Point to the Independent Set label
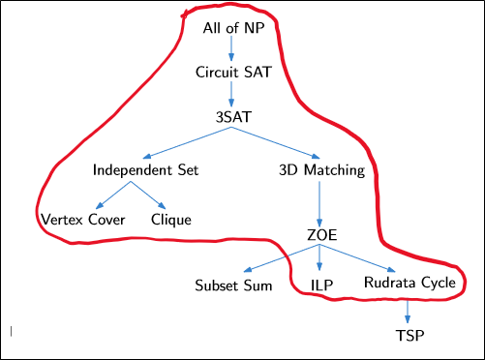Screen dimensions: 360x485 [146, 169]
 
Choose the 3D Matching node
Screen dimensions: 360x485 [319, 169]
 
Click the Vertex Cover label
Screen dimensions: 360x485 [82, 219]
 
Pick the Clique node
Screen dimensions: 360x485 [171, 219]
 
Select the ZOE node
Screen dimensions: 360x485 [320, 236]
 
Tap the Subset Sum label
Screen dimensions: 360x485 [233, 285]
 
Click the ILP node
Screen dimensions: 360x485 [322, 285]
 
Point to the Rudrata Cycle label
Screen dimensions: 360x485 [409, 284]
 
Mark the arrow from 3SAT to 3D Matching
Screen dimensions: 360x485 [277, 143]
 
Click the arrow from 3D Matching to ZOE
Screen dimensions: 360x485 [320, 203]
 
